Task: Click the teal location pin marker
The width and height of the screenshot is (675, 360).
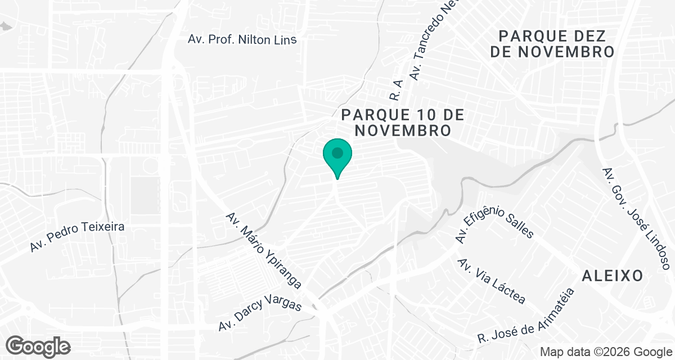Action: [337, 157]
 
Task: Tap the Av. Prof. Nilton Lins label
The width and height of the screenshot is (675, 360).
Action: [242, 39]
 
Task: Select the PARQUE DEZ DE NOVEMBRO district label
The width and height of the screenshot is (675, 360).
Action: [551, 44]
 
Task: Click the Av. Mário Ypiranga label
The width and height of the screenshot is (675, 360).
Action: [264, 250]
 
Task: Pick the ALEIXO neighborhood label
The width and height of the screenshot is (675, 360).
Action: [613, 276]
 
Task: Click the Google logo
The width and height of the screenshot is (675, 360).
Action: [38, 346]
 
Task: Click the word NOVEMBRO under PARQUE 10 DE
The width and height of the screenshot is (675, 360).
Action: [403, 130]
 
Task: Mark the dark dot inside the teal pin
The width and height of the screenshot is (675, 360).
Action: [337, 152]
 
